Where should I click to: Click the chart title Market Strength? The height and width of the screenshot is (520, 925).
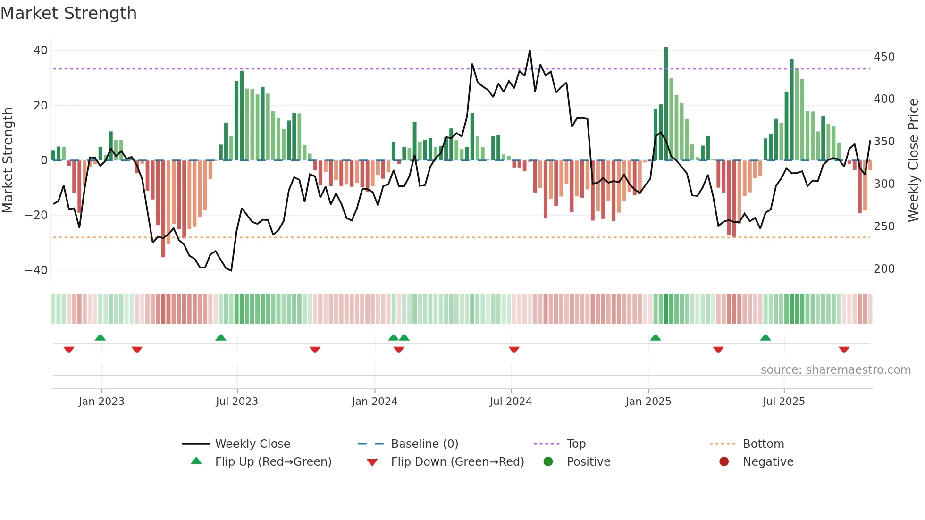click(68, 13)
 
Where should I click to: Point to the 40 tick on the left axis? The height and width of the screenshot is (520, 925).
click(41, 50)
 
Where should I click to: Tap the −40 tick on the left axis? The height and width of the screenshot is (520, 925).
click(36, 270)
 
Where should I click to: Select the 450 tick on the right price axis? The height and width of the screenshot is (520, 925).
click(884, 57)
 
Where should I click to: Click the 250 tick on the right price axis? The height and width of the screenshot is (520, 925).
click(884, 226)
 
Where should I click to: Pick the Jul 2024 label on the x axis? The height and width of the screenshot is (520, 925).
click(511, 402)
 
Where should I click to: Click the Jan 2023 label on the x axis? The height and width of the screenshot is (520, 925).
click(101, 402)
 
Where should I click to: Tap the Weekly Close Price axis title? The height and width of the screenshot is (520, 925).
click(913, 160)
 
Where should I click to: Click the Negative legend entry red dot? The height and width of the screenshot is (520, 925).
click(724, 462)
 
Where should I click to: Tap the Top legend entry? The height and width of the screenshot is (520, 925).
click(576, 444)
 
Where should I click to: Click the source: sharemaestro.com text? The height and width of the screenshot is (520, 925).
click(835, 370)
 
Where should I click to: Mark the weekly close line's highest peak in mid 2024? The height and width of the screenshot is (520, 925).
click(530, 51)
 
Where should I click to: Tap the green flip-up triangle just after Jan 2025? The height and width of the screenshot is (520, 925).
click(655, 338)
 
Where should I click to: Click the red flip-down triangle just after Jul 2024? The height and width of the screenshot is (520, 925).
click(514, 350)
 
